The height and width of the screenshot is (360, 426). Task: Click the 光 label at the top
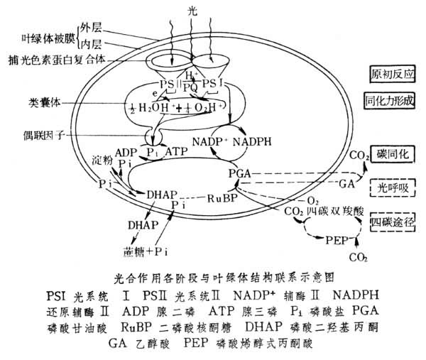[192, 11]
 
